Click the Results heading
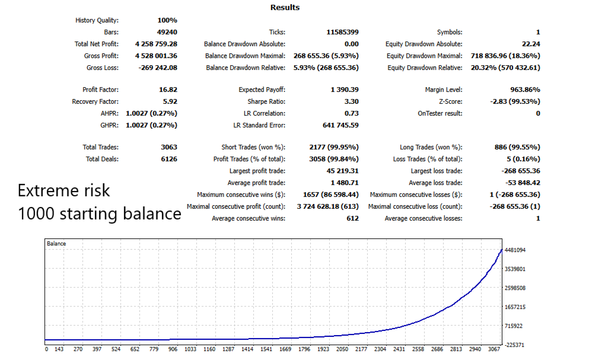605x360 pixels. pyautogui.click(x=285, y=8)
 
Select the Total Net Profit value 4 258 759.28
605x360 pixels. pyautogui.click(x=156, y=44)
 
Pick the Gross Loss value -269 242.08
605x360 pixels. pyautogui.click(x=158, y=68)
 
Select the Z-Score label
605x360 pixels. pyautogui.click(x=449, y=101)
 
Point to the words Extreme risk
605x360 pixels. pyautogui.click(x=64, y=190)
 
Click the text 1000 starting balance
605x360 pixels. pyautogui.click(x=100, y=213)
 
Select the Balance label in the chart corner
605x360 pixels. pyautogui.click(x=57, y=244)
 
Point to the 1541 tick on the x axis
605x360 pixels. pyautogui.click(x=266, y=350)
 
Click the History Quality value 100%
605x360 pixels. pyautogui.click(x=167, y=20)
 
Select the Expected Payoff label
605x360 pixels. pyautogui.click(x=262, y=90)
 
